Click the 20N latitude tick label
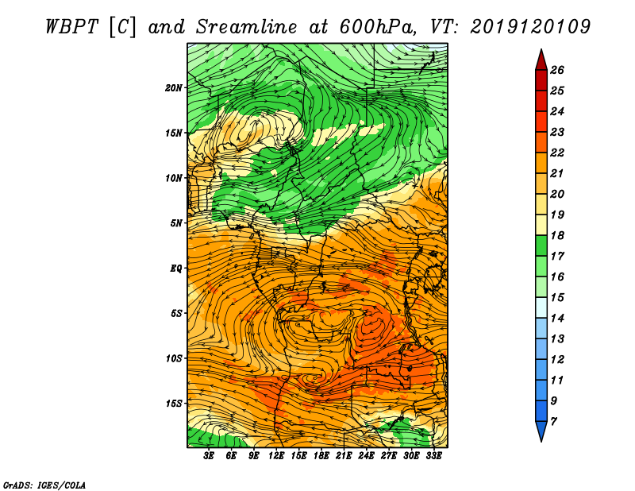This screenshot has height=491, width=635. click(x=174, y=88)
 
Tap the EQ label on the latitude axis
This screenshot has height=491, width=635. click(x=176, y=269)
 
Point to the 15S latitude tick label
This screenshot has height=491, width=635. click(x=174, y=404)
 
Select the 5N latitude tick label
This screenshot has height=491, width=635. click(x=176, y=223)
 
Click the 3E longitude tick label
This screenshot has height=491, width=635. click(x=209, y=456)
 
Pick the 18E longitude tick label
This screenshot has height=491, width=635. click(x=321, y=456)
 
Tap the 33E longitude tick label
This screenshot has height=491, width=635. click(x=433, y=456)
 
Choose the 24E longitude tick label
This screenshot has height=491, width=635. click(x=366, y=456)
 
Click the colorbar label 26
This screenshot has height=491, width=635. click(x=557, y=70)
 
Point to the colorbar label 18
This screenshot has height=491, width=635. click(x=557, y=235)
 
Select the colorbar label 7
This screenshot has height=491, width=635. click(x=553, y=422)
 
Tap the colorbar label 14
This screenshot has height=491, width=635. click(x=557, y=319)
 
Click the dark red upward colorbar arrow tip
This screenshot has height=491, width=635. click(x=541, y=49)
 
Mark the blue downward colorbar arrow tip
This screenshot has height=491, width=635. click(x=541, y=442)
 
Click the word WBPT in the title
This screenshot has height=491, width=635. click(x=72, y=27)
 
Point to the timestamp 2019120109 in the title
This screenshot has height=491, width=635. click(x=530, y=27)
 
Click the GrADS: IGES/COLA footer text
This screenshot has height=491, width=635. click(x=44, y=485)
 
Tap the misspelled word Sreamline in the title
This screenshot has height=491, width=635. click(x=247, y=27)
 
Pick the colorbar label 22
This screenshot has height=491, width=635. click(x=557, y=153)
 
